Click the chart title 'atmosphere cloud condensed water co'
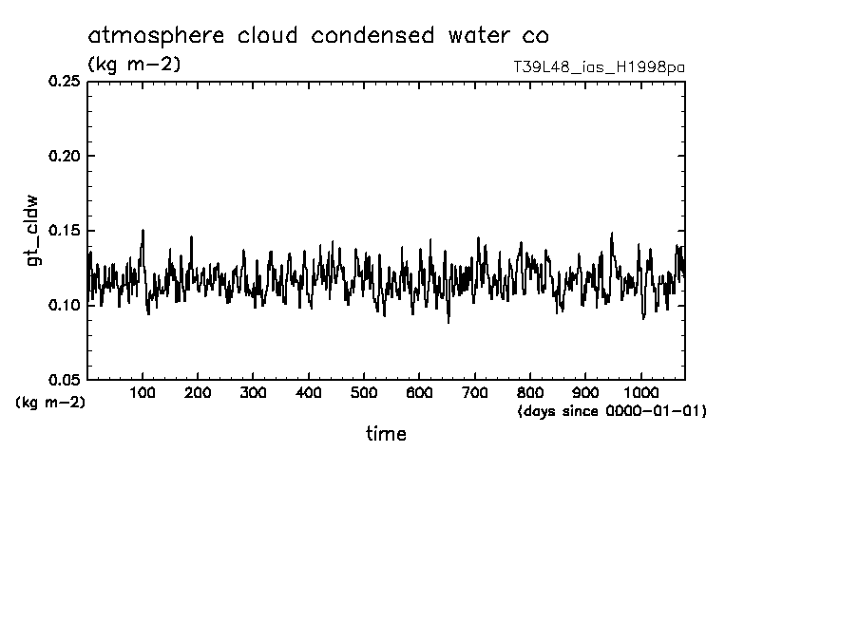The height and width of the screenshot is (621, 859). click(x=317, y=36)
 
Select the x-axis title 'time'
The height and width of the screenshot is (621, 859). click(x=386, y=434)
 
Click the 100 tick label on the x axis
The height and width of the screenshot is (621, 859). click(x=143, y=392)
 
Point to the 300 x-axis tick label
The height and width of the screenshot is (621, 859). click(x=253, y=392)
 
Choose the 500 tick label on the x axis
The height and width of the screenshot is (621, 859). click(x=364, y=392)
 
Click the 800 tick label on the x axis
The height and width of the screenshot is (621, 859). click(x=530, y=392)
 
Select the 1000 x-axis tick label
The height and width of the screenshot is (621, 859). click(x=641, y=392)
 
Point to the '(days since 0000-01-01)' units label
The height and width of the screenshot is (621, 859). click(x=612, y=411)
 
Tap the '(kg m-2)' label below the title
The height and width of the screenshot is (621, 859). click(x=134, y=65)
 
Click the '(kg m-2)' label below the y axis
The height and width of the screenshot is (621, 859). click(x=50, y=403)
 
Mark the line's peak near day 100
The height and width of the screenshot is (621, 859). click(x=143, y=230)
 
